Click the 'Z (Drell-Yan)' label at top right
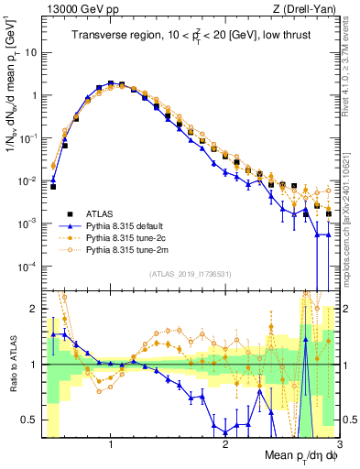(x=301, y=8)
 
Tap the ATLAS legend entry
(x=102, y=211)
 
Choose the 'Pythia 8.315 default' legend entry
(x=133, y=224)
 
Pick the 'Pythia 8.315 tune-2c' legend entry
(x=133, y=236)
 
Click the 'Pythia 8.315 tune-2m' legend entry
(x=134, y=249)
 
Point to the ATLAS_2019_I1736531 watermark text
(x=190, y=274)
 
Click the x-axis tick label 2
(x=225, y=444)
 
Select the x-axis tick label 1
(x=111, y=444)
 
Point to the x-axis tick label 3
(x=338, y=444)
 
